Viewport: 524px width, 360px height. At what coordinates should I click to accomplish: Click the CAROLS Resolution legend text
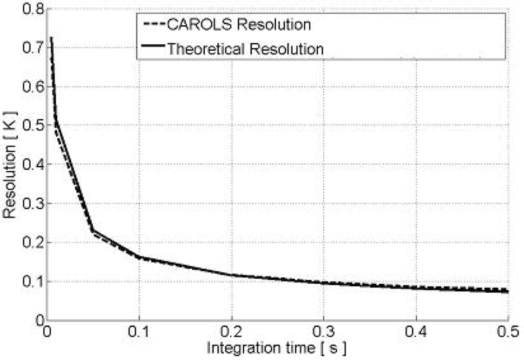(239, 24)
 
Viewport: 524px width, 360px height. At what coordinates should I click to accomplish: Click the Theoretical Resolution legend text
(245, 49)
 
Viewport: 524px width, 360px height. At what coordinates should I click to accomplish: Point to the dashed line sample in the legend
(155, 24)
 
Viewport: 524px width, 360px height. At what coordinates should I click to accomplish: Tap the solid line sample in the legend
(153, 46)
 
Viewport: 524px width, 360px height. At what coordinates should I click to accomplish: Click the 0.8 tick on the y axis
(33, 9)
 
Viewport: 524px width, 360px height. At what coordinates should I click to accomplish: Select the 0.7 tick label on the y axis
(33, 48)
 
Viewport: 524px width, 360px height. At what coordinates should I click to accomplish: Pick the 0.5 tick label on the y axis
(33, 125)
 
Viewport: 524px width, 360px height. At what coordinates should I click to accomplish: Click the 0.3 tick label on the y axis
(33, 203)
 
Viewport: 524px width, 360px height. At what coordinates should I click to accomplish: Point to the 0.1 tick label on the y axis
(33, 281)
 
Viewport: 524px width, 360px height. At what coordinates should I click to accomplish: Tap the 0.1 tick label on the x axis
(139, 332)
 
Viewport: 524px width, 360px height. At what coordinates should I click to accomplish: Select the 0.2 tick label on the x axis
(231, 332)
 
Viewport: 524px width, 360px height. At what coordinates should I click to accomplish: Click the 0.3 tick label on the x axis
(324, 332)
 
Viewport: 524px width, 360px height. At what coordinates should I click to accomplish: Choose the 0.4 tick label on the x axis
(416, 332)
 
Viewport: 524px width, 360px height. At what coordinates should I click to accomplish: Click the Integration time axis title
(277, 348)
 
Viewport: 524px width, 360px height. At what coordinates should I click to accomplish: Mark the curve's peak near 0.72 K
(51, 38)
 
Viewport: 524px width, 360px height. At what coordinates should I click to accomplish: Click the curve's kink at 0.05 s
(93, 230)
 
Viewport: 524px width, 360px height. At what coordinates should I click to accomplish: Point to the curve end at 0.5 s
(507, 291)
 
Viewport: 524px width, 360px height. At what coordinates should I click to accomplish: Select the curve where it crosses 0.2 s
(231, 275)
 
